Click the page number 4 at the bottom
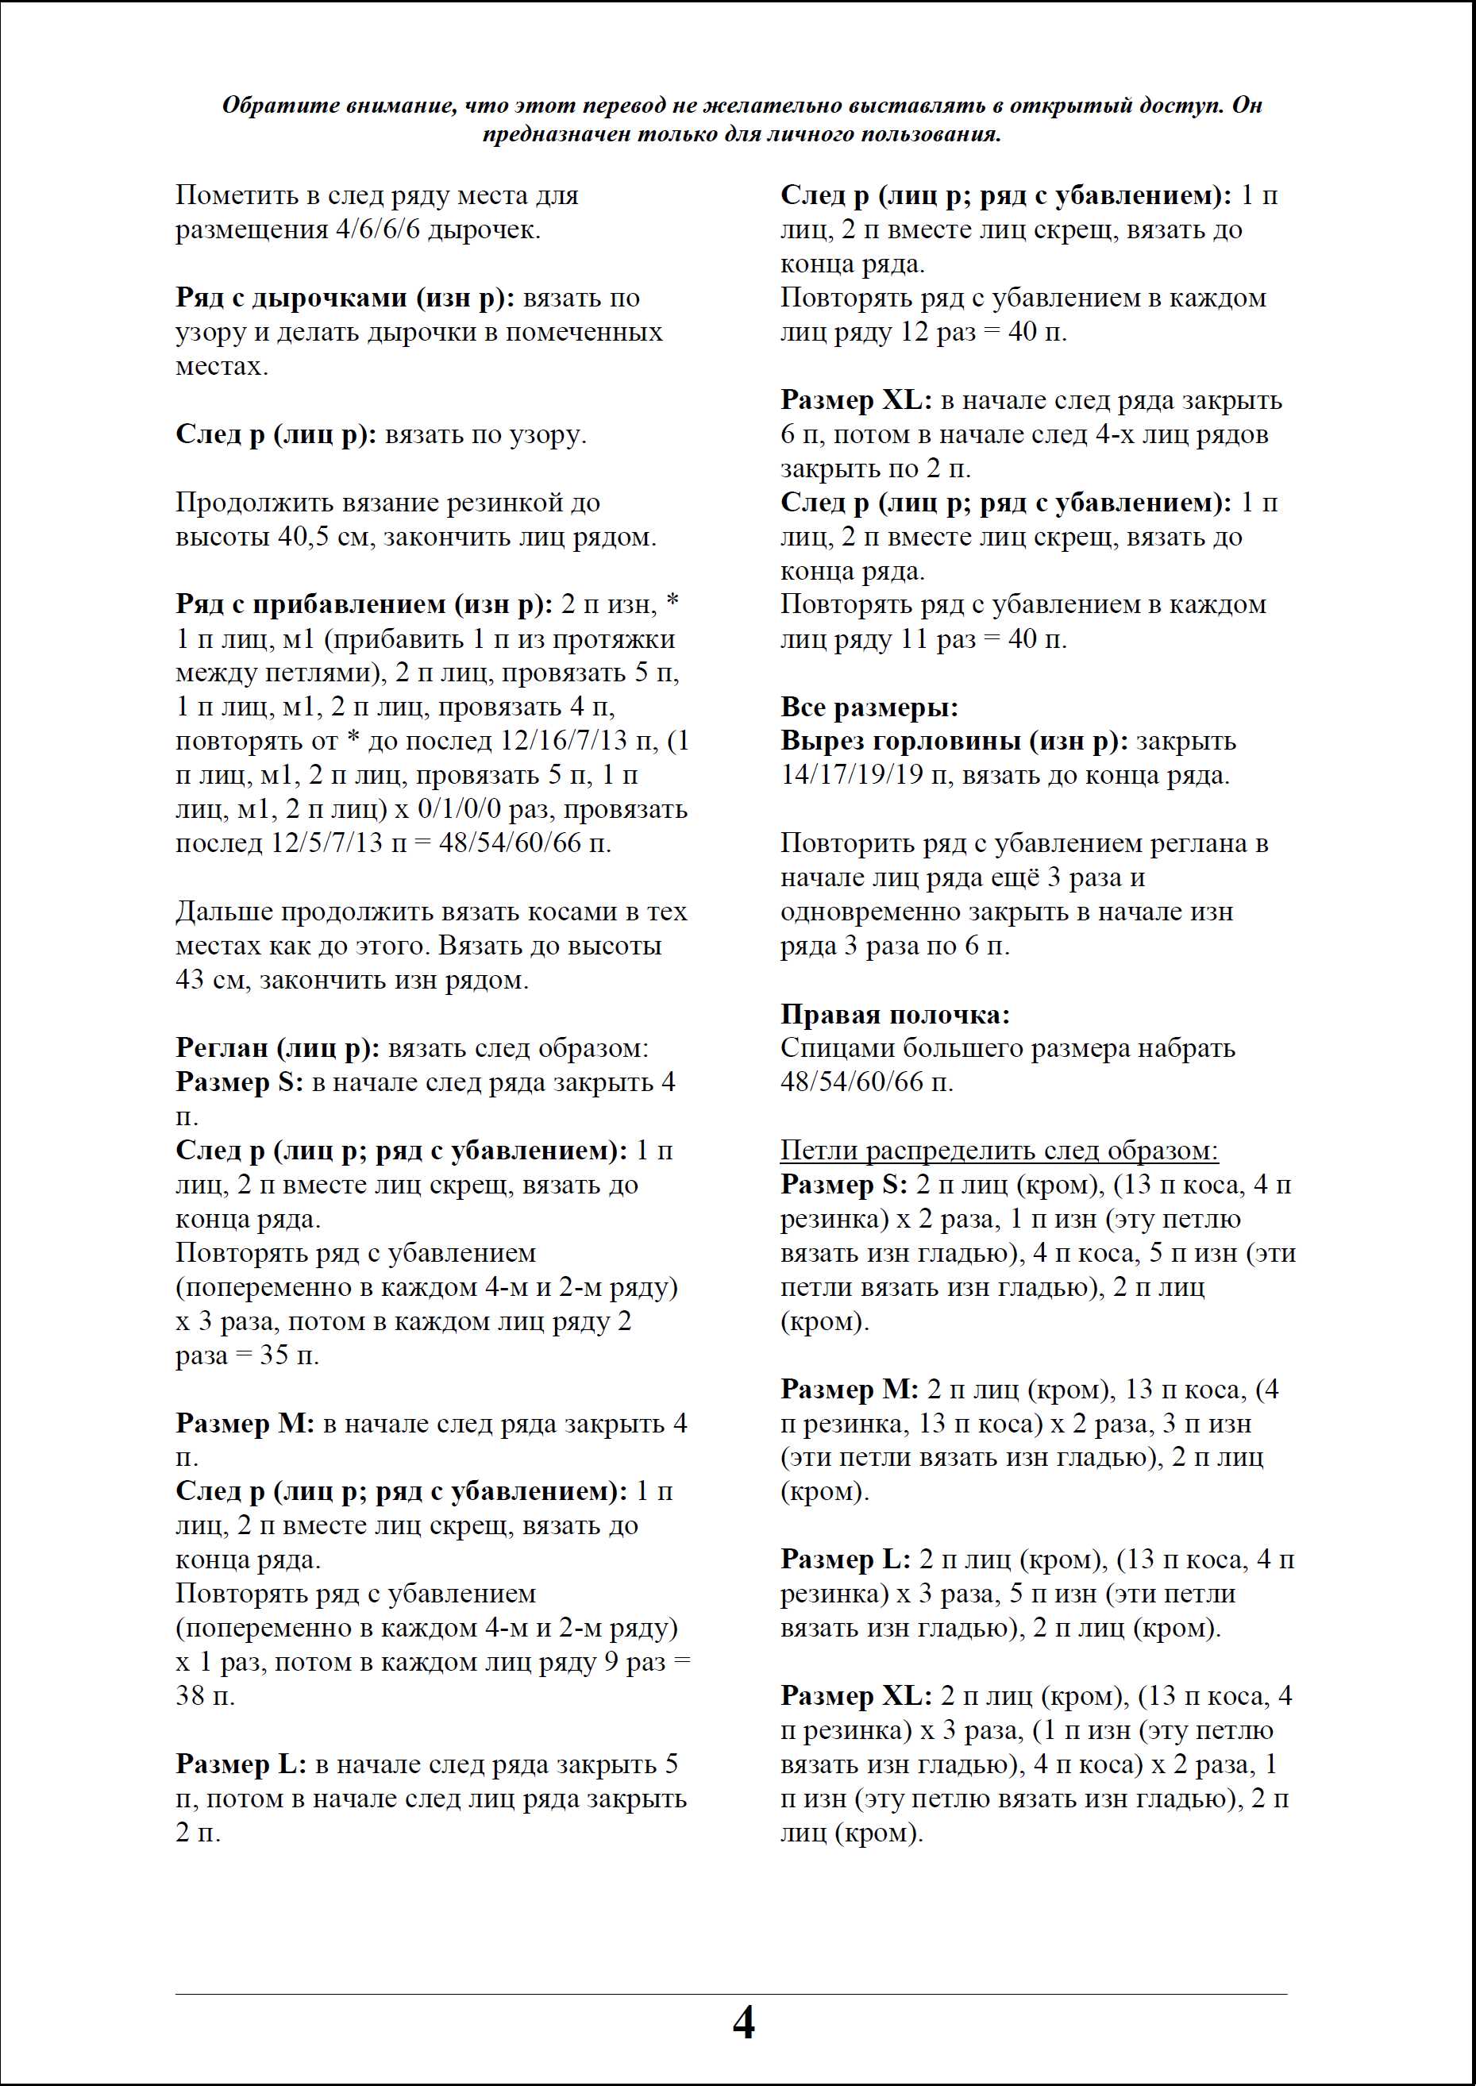coord(742,2023)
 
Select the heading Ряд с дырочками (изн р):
coord(345,298)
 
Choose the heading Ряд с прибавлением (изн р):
coord(364,604)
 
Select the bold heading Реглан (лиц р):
coord(277,1048)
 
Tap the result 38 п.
coord(206,1696)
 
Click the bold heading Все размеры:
coord(869,708)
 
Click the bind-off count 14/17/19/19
coord(850,775)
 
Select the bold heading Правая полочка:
coord(894,1014)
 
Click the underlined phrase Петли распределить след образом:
coord(999,1151)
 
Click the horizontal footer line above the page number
coord(730,1994)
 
